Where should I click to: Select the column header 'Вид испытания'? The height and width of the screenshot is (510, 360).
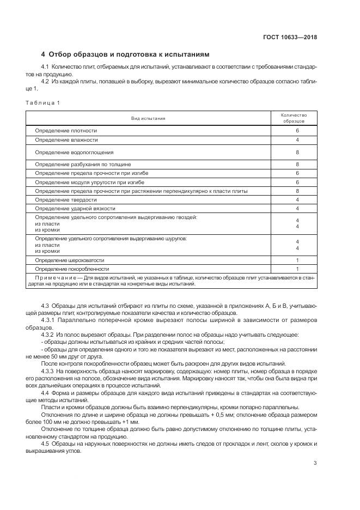(x=148, y=118)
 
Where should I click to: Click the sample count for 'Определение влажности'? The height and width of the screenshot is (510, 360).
(x=297, y=140)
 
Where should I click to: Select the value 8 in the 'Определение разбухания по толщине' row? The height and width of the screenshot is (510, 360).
(x=297, y=164)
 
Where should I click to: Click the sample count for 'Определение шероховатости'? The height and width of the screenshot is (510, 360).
(x=297, y=260)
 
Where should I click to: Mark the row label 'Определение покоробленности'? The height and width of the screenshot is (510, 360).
(x=72, y=269)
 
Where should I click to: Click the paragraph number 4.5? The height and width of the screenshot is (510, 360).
(x=45, y=444)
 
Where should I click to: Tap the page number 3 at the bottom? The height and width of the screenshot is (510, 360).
(x=315, y=464)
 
